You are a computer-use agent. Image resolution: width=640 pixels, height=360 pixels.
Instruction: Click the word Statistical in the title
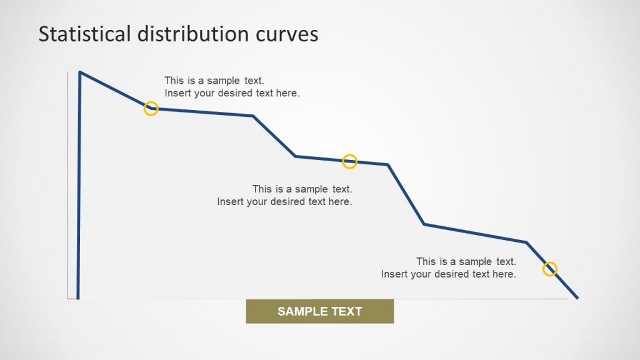click(x=75, y=34)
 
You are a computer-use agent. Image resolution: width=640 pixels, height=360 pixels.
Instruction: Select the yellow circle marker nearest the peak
click(x=151, y=109)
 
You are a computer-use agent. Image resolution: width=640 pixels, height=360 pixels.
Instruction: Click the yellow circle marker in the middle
click(x=349, y=161)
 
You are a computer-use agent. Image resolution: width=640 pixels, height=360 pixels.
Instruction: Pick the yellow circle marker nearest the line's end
click(x=549, y=269)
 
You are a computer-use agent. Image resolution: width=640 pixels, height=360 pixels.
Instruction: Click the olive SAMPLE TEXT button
click(x=320, y=311)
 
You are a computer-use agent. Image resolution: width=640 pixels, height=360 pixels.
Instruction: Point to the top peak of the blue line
click(x=80, y=72)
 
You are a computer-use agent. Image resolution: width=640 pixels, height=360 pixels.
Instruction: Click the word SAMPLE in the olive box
click(x=300, y=311)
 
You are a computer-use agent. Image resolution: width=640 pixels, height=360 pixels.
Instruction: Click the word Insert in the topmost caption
click(x=177, y=93)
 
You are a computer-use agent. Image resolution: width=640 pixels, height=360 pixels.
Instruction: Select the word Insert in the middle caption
click(x=230, y=201)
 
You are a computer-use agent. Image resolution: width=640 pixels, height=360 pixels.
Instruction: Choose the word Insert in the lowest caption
click(x=394, y=274)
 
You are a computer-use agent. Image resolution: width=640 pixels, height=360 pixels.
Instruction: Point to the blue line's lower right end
click(x=577, y=297)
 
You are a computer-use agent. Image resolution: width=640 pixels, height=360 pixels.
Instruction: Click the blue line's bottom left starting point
click(x=78, y=297)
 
